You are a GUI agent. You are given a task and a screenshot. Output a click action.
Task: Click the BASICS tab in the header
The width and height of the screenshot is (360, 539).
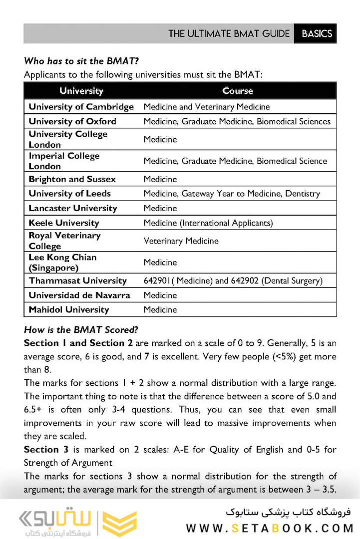(x=317, y=33)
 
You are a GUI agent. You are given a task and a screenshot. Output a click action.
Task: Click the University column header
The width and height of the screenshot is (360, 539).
(x=81, y=91)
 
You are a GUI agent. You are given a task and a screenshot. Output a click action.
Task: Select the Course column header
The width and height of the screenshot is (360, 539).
(x=238, y=91)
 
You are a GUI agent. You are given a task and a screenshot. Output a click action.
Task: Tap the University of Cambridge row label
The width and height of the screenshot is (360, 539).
(x=81, y=107)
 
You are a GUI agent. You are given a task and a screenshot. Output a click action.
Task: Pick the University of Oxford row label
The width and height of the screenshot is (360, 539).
(x=72, y=121)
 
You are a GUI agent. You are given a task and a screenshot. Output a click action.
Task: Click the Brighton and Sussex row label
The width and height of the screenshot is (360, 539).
(x=72, y=179)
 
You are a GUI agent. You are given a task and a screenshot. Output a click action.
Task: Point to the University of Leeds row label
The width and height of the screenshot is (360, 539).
(x=69, y=194)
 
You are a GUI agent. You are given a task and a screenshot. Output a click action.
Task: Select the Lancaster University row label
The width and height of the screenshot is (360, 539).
(x=72, y=208)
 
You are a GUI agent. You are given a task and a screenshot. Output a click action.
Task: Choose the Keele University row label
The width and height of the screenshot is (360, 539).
(x=63, y=223)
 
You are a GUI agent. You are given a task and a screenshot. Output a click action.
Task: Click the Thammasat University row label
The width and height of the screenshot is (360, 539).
(x=77, y=280)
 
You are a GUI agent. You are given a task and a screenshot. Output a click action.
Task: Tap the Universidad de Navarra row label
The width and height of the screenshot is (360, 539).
(x=79, y=295)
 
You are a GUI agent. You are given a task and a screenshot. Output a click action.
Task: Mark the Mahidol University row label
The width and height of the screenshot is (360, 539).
(x=68, y=309)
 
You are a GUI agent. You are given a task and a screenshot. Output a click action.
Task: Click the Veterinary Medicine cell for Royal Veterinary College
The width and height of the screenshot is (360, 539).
(x=181, y=241)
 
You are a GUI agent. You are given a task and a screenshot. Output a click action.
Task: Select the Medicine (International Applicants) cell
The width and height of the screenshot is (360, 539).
(x=208, y=223)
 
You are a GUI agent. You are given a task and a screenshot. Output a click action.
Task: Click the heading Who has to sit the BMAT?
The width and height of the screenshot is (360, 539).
(x=81, y=61)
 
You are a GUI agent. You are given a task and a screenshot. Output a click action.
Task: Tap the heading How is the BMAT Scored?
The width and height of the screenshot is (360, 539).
(x=81, y=330)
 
